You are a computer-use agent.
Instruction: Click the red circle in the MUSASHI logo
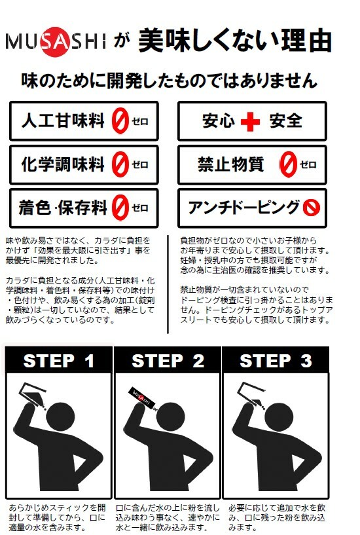55,42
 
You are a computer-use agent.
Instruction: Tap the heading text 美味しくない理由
235,41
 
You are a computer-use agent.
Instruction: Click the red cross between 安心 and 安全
250,121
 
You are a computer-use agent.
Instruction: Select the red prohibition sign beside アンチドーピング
312,208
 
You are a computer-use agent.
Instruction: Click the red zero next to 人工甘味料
120,120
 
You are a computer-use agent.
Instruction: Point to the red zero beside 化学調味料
120,164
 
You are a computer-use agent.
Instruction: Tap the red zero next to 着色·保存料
120,208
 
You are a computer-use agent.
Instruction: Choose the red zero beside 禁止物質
288,164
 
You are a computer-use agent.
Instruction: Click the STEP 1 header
59,361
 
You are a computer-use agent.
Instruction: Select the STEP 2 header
168,361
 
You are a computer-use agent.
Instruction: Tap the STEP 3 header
276,361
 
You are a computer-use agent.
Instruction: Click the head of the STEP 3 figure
279,417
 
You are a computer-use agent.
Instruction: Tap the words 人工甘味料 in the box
63,120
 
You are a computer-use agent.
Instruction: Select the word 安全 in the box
285,120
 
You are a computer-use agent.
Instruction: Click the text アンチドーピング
243,207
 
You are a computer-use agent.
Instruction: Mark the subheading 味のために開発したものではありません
170,81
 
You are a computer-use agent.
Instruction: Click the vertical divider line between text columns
168,284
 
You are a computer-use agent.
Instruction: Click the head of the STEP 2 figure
170,417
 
